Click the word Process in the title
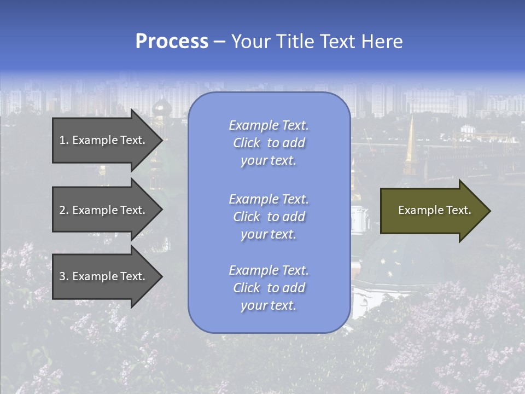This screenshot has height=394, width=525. coord(172,42)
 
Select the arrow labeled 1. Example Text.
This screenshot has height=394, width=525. coord(104,140)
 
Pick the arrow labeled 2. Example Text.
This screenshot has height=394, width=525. coord(104,210)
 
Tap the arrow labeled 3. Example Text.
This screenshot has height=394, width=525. coord(104,276)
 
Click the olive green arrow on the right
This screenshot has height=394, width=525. coord(432,211)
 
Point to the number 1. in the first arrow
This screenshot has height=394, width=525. coord(64,140)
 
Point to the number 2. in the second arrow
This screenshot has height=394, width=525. coord(64,210)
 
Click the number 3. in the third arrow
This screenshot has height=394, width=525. coord(64,276)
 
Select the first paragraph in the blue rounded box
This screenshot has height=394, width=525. coord(269,143)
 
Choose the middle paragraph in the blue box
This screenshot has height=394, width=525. coord(269,217)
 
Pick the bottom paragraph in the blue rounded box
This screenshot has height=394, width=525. coord(269,288)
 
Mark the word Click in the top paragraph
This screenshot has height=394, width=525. coord(247,143)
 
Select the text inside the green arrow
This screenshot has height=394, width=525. coord(434,210)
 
